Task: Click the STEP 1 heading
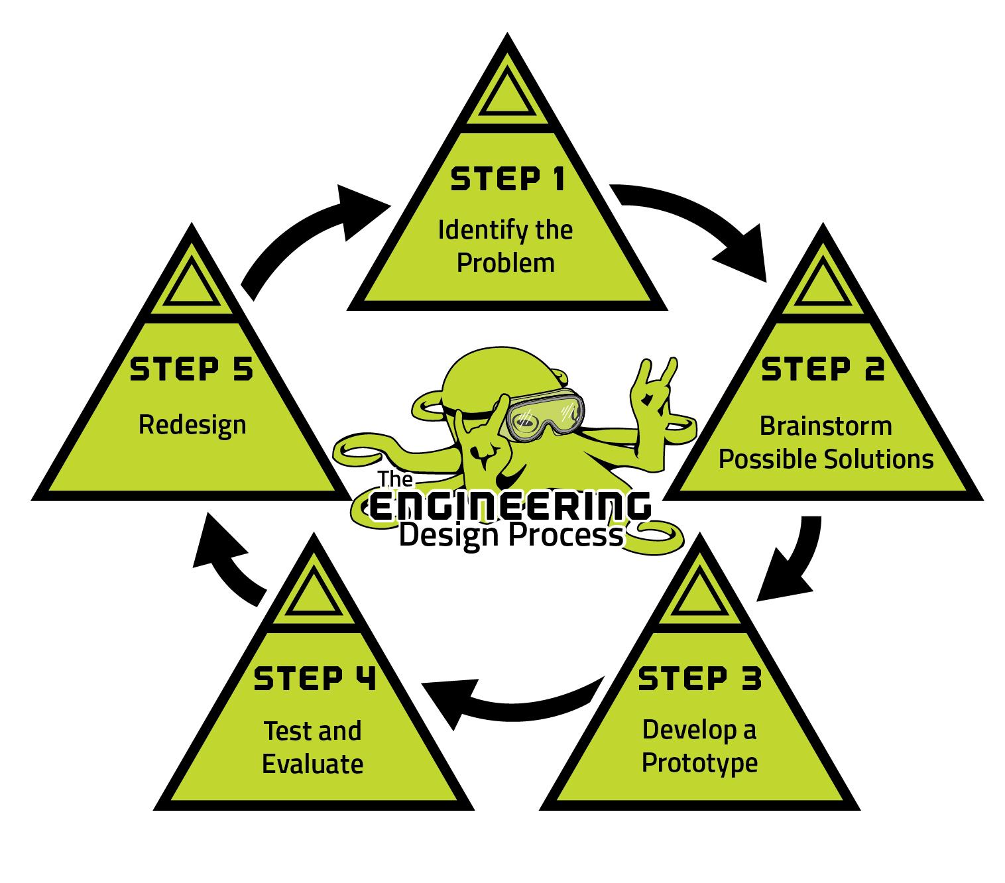[x=507, y=180]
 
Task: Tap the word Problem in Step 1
[x=506, y=263]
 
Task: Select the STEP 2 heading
[x=823, y=369]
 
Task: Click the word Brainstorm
[x=825, y=426]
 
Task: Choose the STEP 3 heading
[x=699, y=679]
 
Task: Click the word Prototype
[x=699, y=762]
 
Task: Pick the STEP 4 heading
[x=314, y=679]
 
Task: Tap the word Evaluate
[x=313, y=764]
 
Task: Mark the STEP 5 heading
[x=192, y=369]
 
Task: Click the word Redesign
[x=192, y=425]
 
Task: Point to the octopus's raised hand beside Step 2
[x=653, y=391]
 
